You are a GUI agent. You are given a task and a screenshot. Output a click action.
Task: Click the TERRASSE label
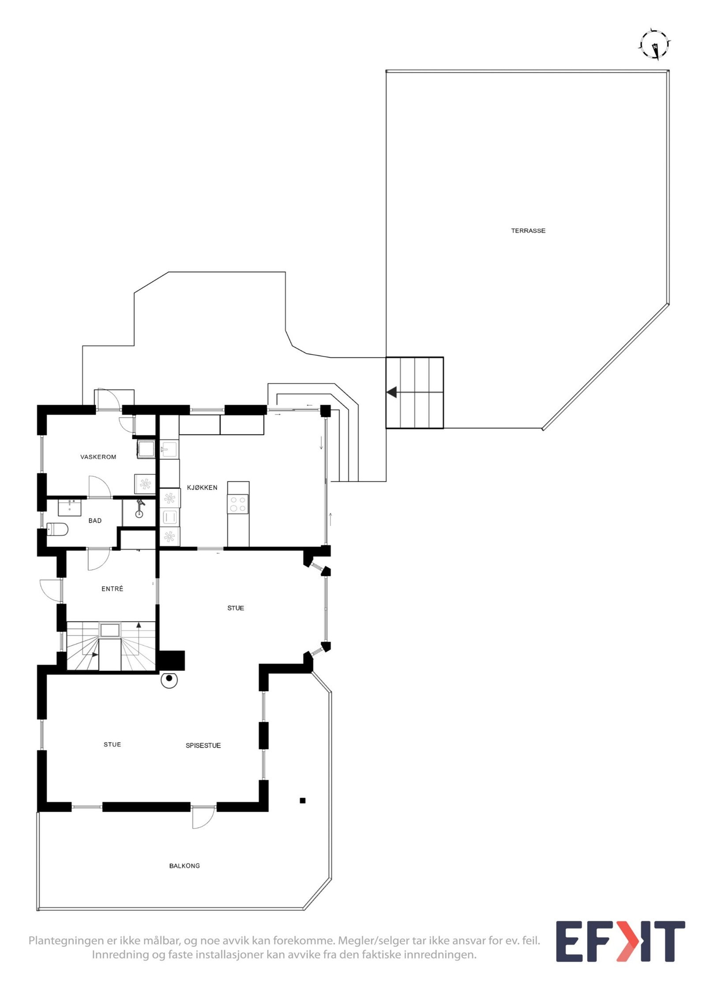point(528,230)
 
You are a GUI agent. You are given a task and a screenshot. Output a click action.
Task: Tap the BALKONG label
point(184,866)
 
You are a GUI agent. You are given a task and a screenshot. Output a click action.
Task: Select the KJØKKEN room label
point(202,488)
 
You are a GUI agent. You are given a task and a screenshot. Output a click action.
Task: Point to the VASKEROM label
point(98,457)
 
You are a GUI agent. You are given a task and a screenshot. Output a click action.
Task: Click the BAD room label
point(95,520)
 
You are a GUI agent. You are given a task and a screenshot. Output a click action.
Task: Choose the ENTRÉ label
point(112,589)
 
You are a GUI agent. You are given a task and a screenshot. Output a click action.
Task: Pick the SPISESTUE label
point(203,746)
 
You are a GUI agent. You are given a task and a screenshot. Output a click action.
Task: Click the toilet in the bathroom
point(57,529)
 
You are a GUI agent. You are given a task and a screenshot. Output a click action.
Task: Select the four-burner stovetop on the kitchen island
point(238,504)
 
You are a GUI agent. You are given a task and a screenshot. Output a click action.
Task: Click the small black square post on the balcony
point(303,800)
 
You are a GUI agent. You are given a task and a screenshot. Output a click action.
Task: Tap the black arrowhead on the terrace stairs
point(391,392)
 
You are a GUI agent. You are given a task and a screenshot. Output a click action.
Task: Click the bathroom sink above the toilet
point(70,507)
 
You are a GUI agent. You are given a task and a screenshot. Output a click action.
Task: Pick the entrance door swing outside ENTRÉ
point(51,591)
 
